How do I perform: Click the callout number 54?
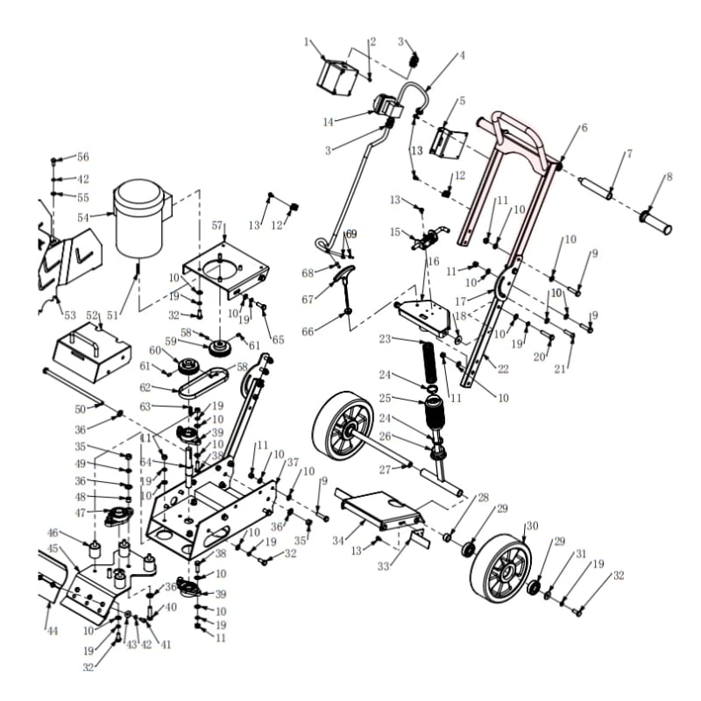click(x=83, y=217)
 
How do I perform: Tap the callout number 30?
click(x=532, y=527)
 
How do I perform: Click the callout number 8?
click(x=669, y=177)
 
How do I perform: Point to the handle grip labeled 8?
click(x=657, y=222)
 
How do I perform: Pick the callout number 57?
click(x=217, y=225)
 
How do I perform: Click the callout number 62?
click(x=145, y=387)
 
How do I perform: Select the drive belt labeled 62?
click(x=204, y=384)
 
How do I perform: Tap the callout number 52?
click(x=92, y=315)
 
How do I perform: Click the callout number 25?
click(x=385, y=398)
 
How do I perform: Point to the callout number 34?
click(x=338, y=541)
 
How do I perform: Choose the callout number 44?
click(x=53, y=631)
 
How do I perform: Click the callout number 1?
click(x=306, y=42)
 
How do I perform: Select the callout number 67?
click(x=308, y=300)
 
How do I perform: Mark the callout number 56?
click(x=83, y=157)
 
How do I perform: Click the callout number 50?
click(x=80, y=409)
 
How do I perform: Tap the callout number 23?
click(x=385, y=339)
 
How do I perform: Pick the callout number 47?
click(x=81, y=513)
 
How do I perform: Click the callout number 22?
click(x=503, y=369)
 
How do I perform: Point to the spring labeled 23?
click(x=428, y=362)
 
